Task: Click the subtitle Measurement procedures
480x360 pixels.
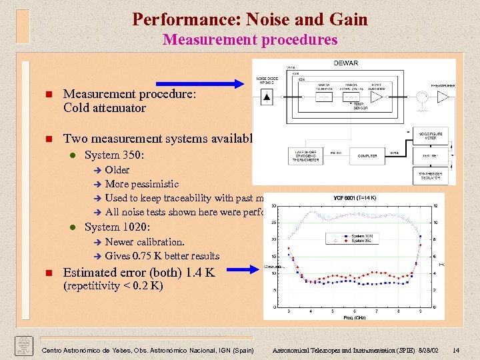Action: pyautogui.click(x=250, y=40)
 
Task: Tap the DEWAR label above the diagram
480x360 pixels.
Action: pyautogui.click(x=345, y=63)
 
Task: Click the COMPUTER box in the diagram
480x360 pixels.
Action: pyautogui.click(x=367, y=156)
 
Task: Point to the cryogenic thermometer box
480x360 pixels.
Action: pyautogui.click(x=304, y=156)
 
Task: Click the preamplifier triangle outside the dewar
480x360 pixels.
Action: pyautogui.click(x=443, y=97)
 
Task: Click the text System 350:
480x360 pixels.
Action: pyautogui.click(x=114, y=155)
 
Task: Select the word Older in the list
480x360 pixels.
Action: pyautogui.click(x=117, y=170)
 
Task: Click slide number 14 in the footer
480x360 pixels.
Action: pyautogui.click(x=455, y=351)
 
